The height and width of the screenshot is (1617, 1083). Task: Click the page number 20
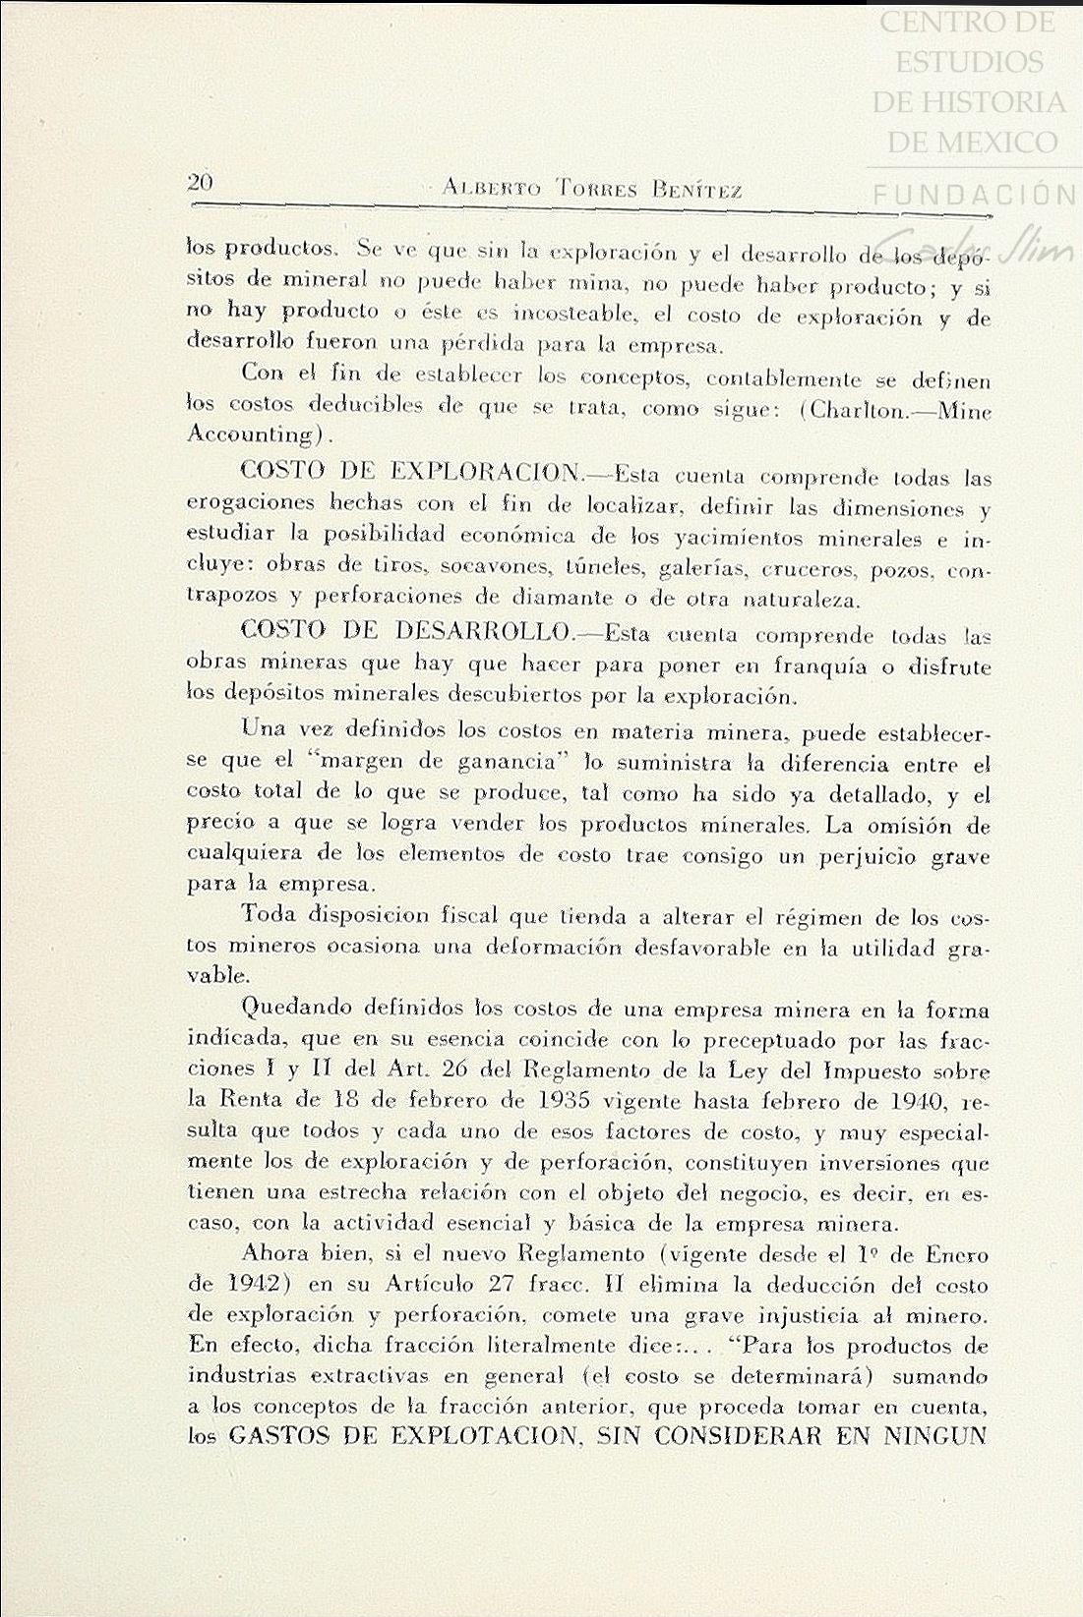pyautogui.click(x=201, y=182)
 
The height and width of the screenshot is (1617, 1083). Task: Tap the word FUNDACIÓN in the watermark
pyautogui.click(x=974, y=195)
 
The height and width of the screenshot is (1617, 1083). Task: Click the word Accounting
pyautogui.click(x=250, y=434)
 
